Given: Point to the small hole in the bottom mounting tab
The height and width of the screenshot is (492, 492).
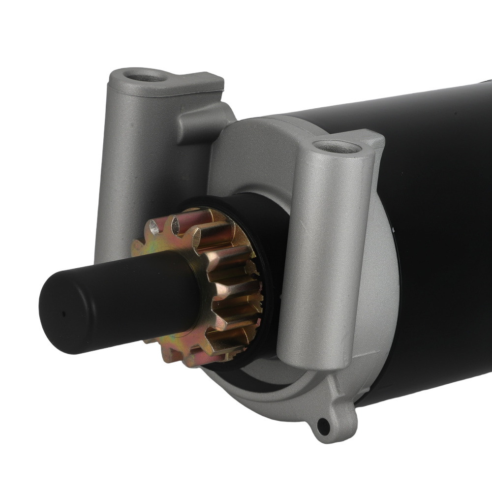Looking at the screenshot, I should coord(322,424).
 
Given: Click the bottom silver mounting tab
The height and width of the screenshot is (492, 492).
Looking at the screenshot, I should coord(327,418).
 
